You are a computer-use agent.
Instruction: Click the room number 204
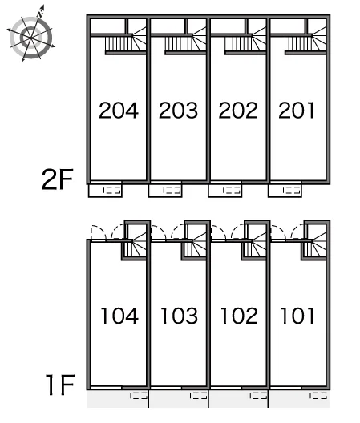click(x=119, y=111)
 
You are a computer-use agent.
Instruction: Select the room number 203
click(x=178, y=111)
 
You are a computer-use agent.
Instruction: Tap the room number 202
click(x=238, y=111)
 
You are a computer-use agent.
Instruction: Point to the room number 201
click(x=297, y=111)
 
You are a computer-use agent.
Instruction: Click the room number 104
click(x=119, y=316)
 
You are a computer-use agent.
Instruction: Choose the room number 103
click(x=180, y=316)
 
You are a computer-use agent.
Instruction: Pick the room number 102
click(x=239, y=316)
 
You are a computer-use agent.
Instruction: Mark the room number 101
click(x=297, y=316)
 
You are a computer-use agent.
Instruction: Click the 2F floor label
click(x=57, y=179)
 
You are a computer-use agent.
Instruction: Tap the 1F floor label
click(x=60, y=385)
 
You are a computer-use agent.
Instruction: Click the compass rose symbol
click(x=31, y=36)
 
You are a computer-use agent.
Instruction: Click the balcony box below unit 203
click(x=165, y=191)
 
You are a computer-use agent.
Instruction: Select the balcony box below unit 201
click(x=285, y=191)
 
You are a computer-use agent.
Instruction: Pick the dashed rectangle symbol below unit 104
click(x=139, y=396)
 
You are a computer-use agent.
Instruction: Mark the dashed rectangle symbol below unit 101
click(x=318, y=396)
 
